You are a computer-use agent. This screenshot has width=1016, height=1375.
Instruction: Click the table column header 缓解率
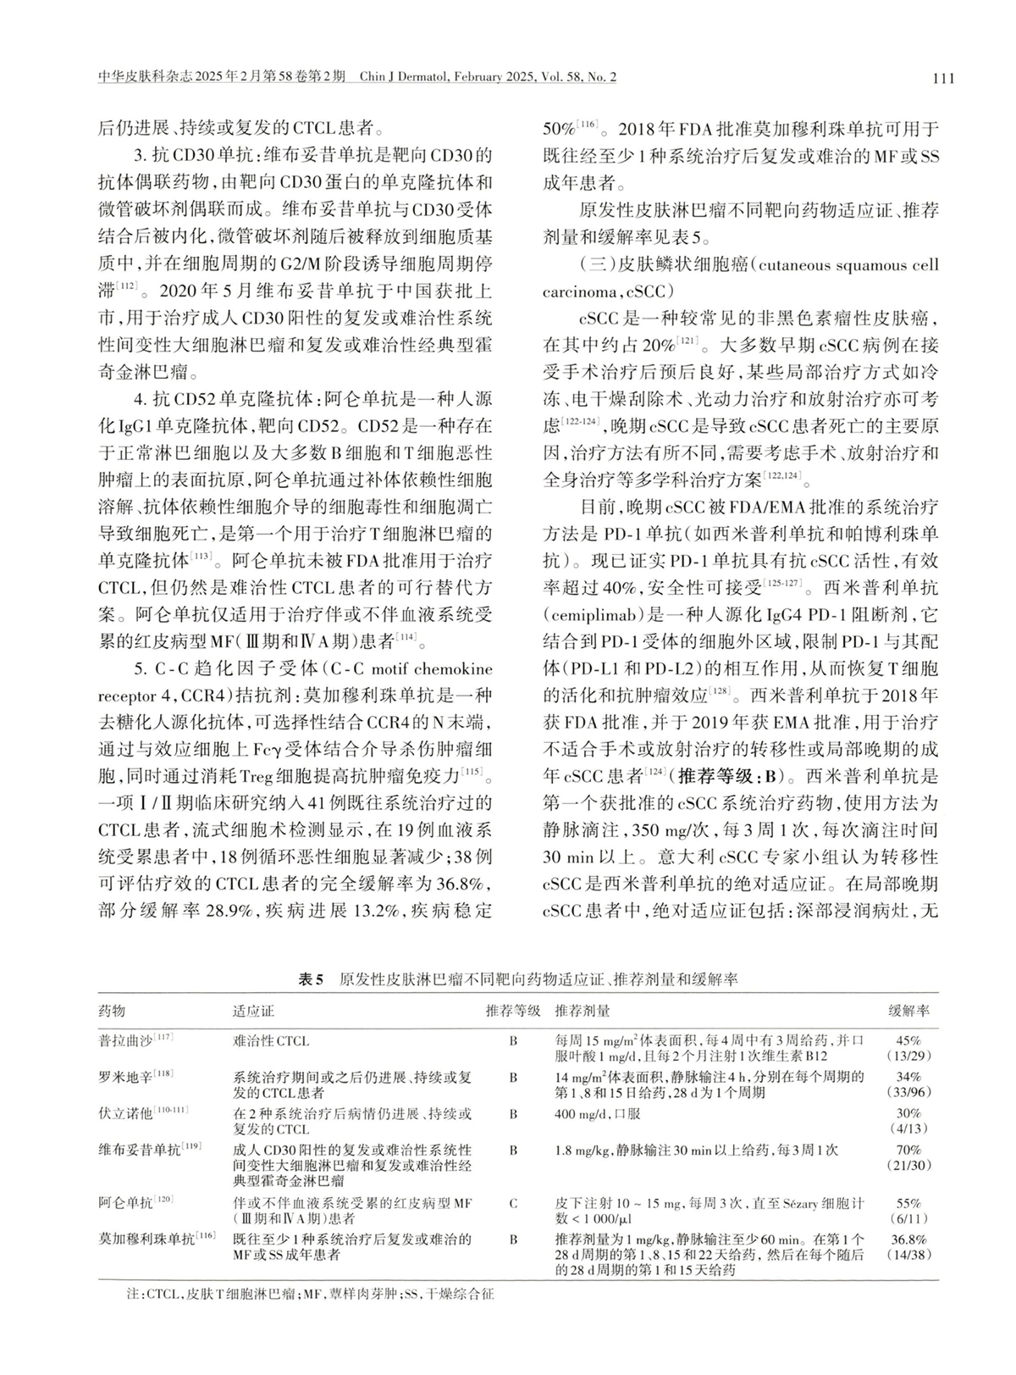coord(908,1011)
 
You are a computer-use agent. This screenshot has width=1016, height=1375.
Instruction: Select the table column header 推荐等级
coord(513,1011)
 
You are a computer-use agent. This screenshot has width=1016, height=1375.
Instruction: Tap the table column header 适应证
coord(254,1011)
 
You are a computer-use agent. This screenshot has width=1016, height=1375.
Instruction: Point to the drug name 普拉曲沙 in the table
coord(126,1040)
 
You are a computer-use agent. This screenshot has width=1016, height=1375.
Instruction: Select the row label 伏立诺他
coord(126,1112)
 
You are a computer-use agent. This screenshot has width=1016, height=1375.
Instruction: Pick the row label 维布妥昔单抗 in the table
coord(139,1150)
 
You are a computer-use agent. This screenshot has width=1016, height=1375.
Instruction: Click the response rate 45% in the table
coord(908,1040)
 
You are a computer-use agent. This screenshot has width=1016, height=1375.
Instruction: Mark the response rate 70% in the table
coord(908,1150)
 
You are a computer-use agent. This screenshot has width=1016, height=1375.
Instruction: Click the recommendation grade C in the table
coord(513,1202)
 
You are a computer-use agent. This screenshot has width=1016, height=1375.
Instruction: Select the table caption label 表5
coord(312,979)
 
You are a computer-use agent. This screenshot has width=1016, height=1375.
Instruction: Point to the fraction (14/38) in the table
coord(908,1253)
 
